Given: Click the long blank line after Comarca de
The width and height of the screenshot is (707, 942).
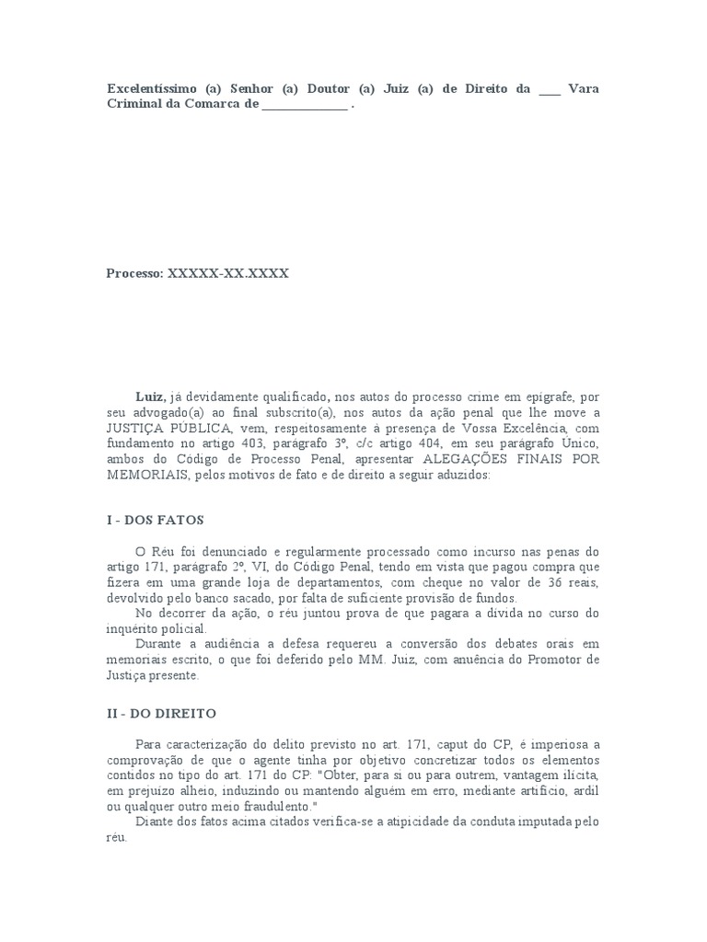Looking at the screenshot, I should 305,106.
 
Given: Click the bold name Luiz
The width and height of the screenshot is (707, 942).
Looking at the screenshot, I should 151,396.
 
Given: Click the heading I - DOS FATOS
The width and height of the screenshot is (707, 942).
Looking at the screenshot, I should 156,520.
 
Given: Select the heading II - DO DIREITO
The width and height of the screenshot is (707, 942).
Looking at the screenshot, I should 162,713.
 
